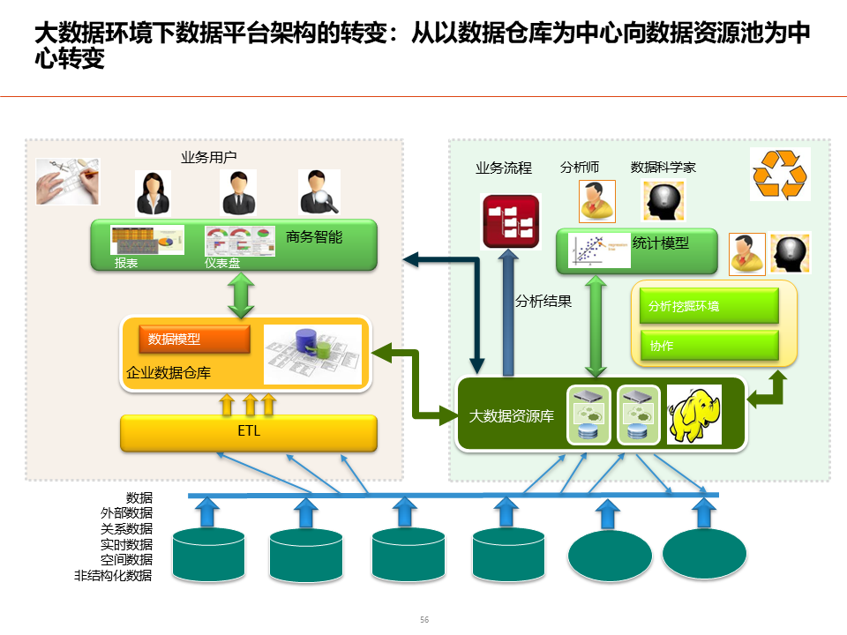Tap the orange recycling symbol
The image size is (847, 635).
click(779, 174)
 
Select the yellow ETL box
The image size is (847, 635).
click(249, 432)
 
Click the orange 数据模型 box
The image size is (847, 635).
click(194, 339)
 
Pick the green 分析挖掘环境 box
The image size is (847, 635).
click(708, 307)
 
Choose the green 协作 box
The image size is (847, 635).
click(708, 346)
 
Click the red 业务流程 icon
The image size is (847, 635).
click(510, 220)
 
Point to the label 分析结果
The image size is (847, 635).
click(543, 302)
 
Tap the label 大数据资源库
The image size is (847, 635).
click(512, 415)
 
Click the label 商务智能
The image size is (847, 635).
click(314, 236)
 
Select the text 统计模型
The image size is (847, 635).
click(661, 243)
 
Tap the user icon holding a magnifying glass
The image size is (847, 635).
click(318, 192)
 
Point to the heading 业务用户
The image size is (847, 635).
click(209, 158)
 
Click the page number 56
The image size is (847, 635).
click(424, 620)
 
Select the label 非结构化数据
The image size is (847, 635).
click(113, 576)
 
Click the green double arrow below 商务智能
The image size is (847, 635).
click(241, 294)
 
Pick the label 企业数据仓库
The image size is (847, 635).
click(169, 373)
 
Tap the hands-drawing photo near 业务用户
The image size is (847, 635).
click(67, 181)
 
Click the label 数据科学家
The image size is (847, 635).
click(663, 167)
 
